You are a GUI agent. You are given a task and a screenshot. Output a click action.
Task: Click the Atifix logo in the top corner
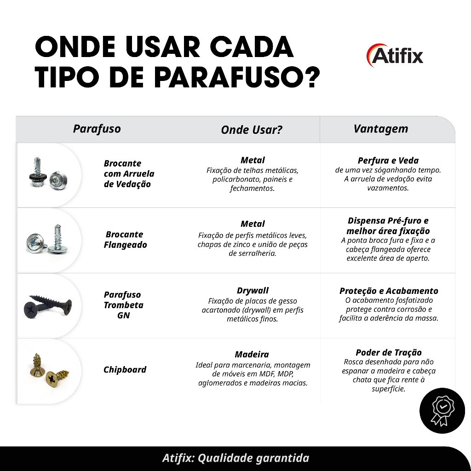(395, 55)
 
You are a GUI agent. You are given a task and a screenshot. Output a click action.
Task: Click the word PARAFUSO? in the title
(237, 77)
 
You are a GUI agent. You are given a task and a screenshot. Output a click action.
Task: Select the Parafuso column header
(97, 129)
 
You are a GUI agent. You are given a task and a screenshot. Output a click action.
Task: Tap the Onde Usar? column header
(252, 130)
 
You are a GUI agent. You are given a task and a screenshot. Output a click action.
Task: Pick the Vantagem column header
(380, 129)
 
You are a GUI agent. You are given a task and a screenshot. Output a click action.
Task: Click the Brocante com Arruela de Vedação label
(129, 173)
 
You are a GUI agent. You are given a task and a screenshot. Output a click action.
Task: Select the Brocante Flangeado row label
(125, 239)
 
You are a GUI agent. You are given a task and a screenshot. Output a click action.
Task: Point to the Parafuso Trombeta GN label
(123, 305)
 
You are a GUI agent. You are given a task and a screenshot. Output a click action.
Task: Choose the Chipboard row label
(125, 369)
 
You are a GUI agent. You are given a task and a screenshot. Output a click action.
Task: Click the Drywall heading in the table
(253, 291)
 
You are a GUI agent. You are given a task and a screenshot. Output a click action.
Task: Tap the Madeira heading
(252, 355)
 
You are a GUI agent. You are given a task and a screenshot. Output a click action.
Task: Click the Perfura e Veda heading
(388, 161)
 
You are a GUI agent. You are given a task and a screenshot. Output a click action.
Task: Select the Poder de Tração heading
(388, 352)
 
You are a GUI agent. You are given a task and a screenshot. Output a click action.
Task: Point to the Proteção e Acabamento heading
(389, 291)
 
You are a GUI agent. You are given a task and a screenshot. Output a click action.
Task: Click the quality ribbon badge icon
(442, 411)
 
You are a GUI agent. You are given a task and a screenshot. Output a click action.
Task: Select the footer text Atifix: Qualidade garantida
(236, 458)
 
